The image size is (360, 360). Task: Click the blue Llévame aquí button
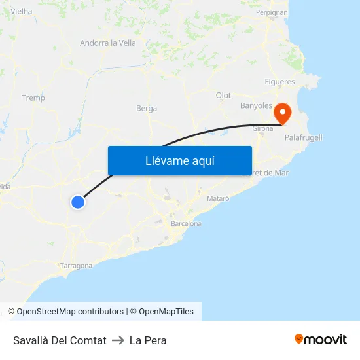[x=179, y=160]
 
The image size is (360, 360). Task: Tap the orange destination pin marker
[x=283, y=113]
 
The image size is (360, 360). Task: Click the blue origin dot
[x=78, y=202]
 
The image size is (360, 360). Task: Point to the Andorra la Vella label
[x=107, y=43]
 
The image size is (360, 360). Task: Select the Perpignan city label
[x=272, y=12]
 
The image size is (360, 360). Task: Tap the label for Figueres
[x=279, y=82]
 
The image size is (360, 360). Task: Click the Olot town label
[x=223, y=96]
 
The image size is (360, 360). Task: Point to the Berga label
[x=147, y=108]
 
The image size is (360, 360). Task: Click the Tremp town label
[x=33, y=98]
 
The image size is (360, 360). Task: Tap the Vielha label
[x=22, y=11]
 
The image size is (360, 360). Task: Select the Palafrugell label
[x=303, y=137]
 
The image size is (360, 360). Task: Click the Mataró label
[x=218, y=198]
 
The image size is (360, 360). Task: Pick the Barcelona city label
[x=186, y=223]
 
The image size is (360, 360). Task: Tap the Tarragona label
[x=76, y=266]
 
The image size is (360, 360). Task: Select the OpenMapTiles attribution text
[x=166, y=312]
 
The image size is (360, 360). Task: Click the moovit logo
[x=321, y=340]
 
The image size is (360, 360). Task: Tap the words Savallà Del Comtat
[x=60, y=340]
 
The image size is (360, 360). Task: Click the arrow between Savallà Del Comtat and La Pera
[x=118, y=340]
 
